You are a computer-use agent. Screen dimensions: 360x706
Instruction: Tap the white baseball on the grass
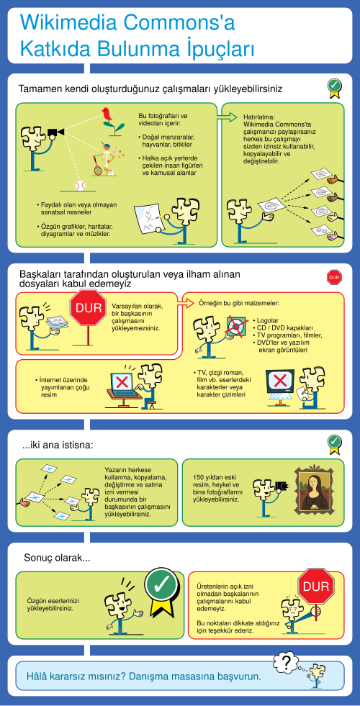pyautogui.click(x=80, y=186)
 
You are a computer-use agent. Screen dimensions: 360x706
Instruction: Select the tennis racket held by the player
pyautogui.click(x=97, y=167)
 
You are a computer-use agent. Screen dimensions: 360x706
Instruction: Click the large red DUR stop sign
pyautogui.click(x=89, y=309)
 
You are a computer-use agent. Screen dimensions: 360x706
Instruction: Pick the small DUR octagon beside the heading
pyautogui.click(x=334, y=277)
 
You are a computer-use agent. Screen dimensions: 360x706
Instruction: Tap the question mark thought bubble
pyautogui.click(x=286, y=661)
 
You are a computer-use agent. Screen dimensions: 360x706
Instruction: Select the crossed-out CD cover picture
pyautogui.click(x=235, y=325)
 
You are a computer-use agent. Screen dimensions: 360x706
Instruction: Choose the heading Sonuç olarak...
pyautogui.click(x=57, y=558)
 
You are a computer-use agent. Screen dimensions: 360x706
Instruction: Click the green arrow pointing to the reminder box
pyautogui.click(x=227, y=117)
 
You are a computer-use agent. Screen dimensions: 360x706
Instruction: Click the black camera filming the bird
pyautogui.click(x=55, y=132)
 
